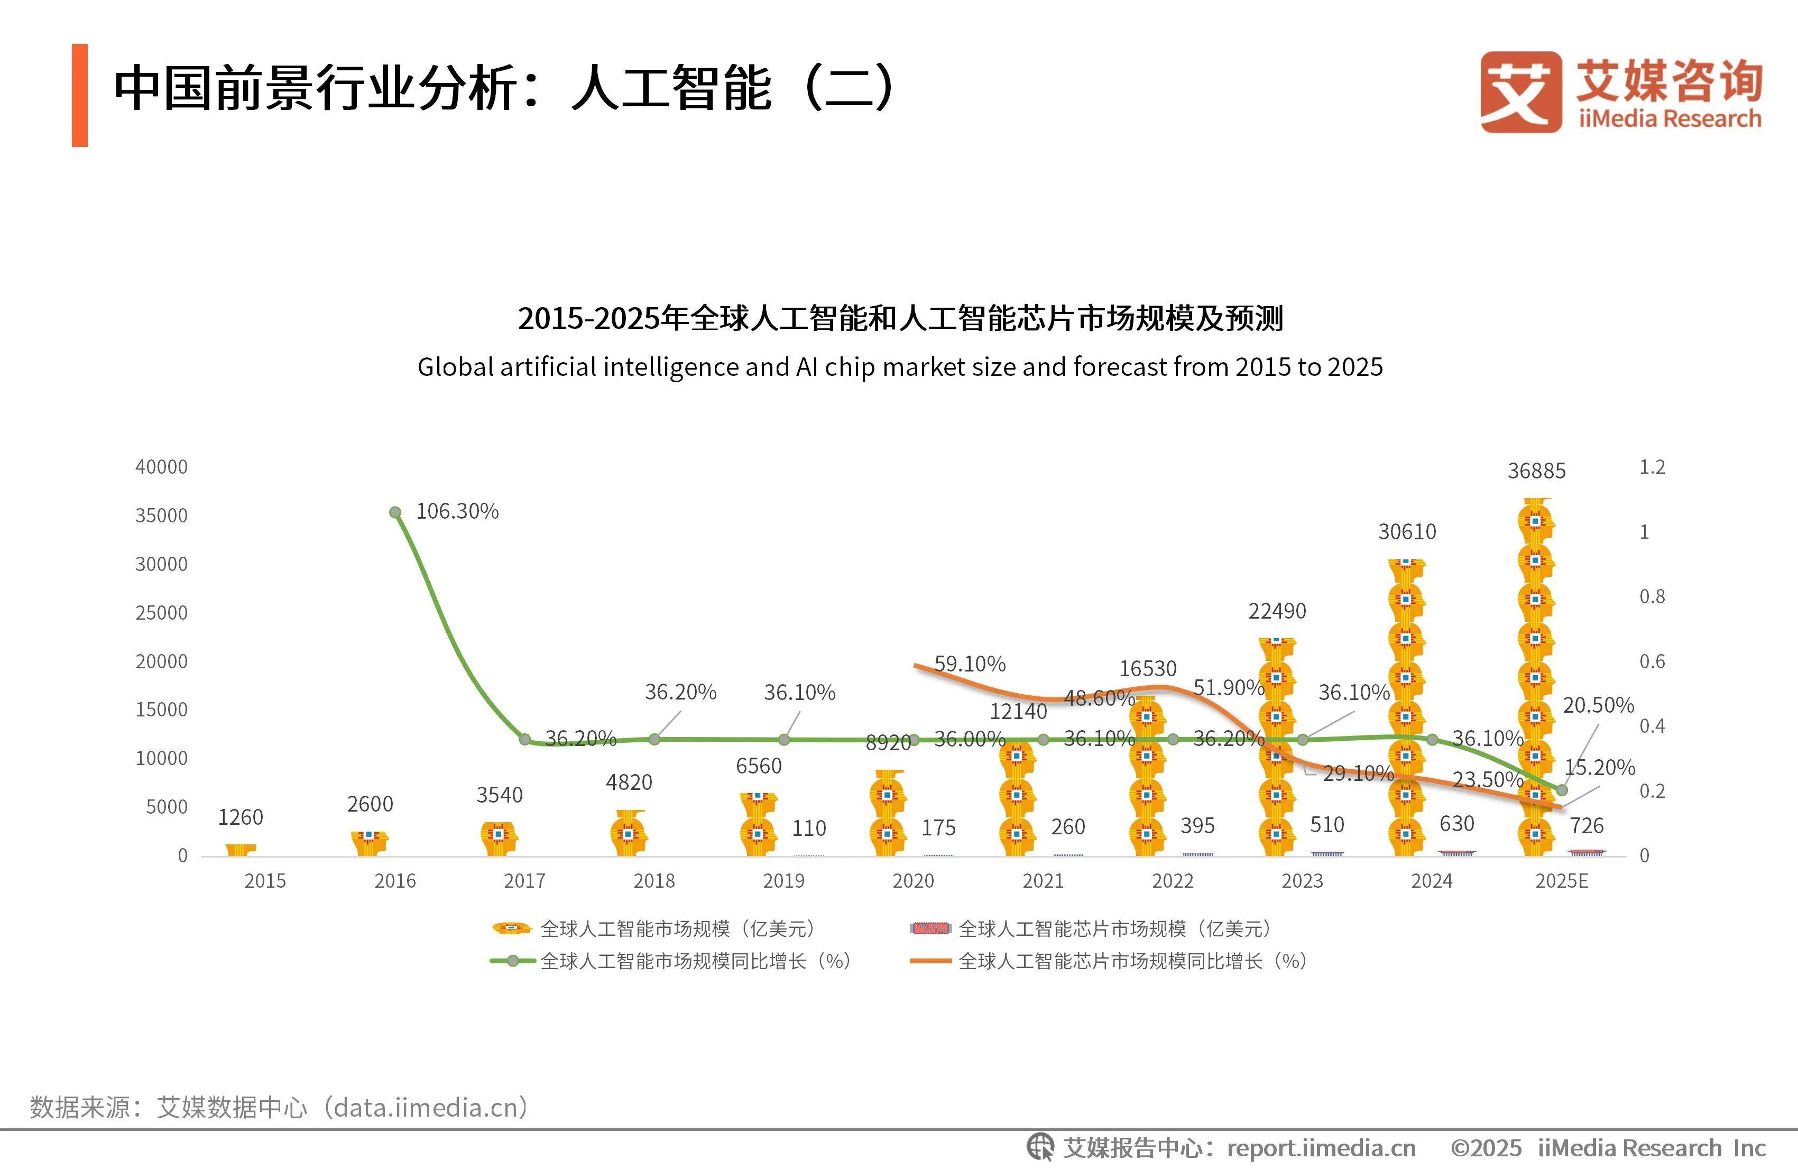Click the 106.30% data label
(457, 512)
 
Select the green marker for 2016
(395, 512)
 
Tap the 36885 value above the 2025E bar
(1537, 471)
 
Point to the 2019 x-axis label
(783, 881)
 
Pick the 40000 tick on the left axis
(161, 467)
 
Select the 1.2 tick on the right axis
(1652, 467)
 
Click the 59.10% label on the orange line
(969, 664)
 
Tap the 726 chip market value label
(1587, 825)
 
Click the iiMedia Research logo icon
(1521, 92)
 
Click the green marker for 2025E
(1562, 790)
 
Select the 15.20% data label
(1599, 767)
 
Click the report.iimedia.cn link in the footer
(1321, 1148)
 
